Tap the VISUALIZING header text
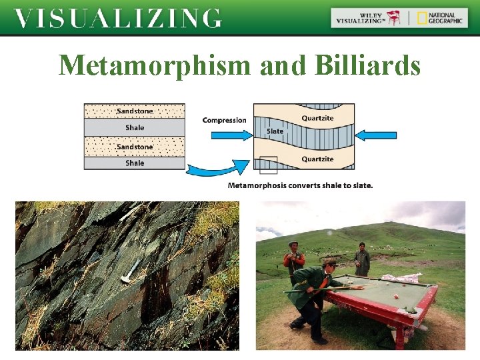pyautogui.click(x=117, y=18)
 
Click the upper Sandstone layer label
pyautogui.click(x=134, y=111)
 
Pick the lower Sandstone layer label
pyautogui.click(x=134, y=147)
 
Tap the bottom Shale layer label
pyautogui.click(x=134, y=163)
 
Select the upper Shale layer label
pyautogui.click(x=134, y=128)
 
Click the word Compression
pyautogui.click(x=224, y=121)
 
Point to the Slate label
pyautogui.click(x=275, y=131)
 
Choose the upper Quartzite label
pyautogui.click(x=317, y=119)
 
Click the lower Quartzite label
pyautogui.click(x=317, y=159)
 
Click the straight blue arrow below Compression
pyautogui.click(x=231, y=135)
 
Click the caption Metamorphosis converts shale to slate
pyautogui.click(x=300, y=185)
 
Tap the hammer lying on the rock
pyautogui.click(x=132, y=270)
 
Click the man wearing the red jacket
pyautogui.click(x=293, y=260)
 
